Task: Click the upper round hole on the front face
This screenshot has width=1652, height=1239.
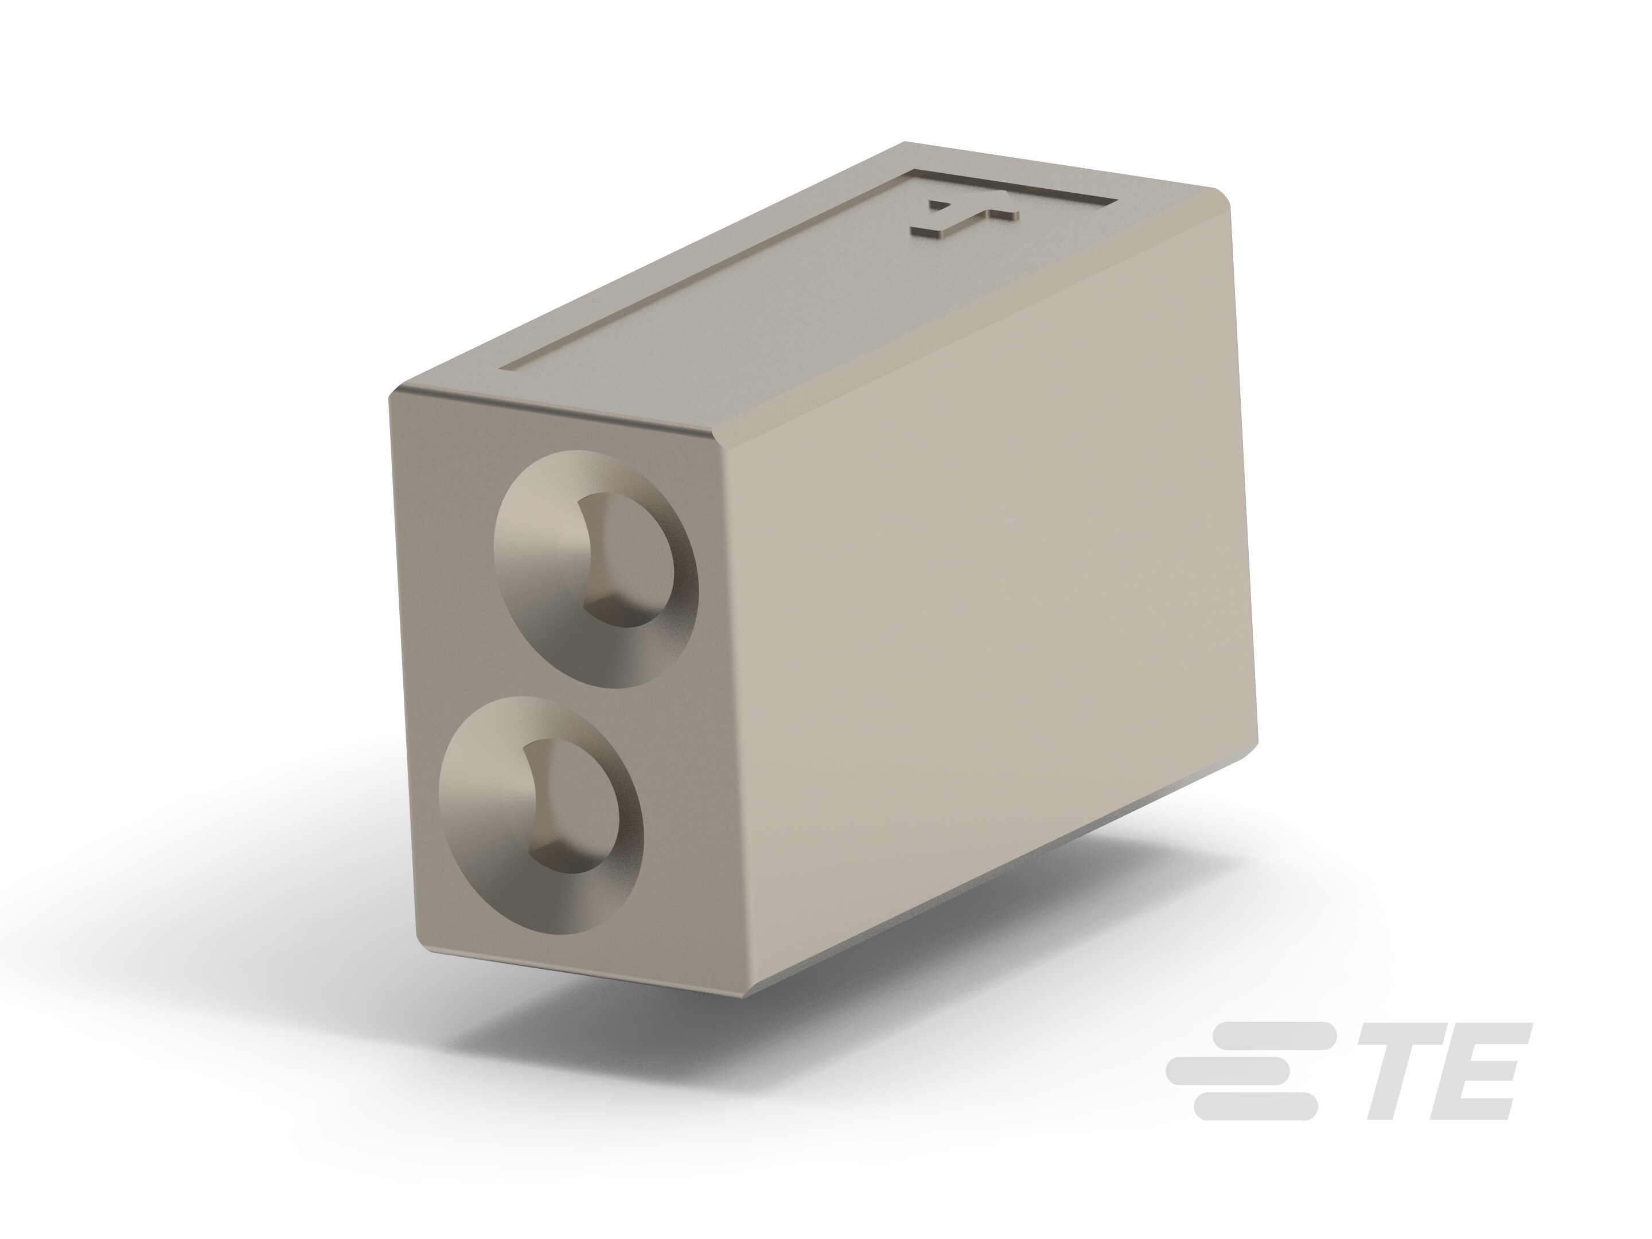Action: click(x=596, y=568)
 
